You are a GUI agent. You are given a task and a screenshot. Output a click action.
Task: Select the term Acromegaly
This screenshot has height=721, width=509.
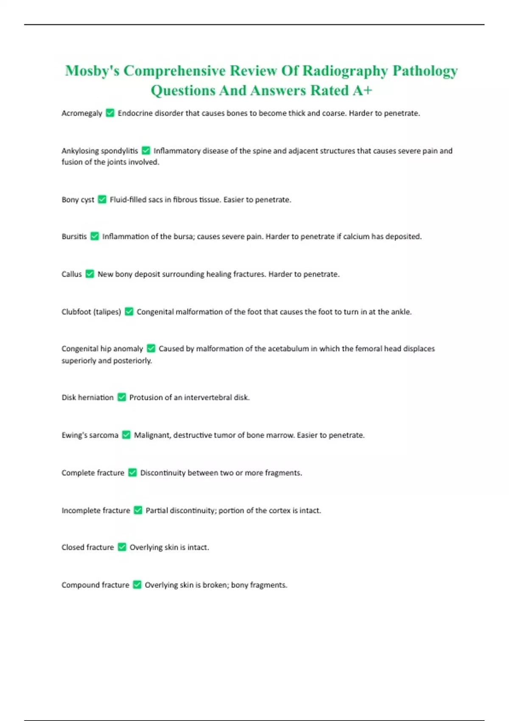click(x=82, y=113)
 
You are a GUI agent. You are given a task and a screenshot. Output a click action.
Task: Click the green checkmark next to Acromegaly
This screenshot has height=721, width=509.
click(x=110, y=113)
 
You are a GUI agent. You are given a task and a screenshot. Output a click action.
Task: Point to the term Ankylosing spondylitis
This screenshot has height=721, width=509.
click(x=100, y=151)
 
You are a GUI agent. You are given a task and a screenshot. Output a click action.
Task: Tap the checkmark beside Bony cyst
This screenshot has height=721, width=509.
click(x=102, y=199)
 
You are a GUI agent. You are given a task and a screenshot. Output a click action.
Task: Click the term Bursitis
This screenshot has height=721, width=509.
click(x=74, y=236)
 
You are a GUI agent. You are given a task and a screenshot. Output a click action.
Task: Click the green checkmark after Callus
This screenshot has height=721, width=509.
click(x=89, y=274)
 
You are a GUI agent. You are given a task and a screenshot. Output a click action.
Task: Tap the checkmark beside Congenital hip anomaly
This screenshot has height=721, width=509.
click(x=151, y=349)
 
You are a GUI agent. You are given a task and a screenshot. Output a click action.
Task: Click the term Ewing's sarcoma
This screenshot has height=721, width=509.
click(x=90, y=435)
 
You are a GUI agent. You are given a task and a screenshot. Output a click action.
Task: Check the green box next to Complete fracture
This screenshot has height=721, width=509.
click(x=132, y=472)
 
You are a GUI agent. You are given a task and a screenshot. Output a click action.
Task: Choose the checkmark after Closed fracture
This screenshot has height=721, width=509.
click(x=122, y=547)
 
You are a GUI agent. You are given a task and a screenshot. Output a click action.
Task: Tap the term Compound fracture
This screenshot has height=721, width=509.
click(x=95, y=585)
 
